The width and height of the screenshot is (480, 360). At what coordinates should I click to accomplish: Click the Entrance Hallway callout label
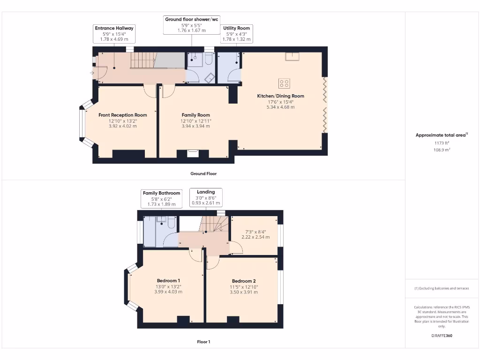[x=114, y=34]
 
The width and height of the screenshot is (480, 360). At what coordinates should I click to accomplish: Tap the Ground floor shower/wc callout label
[x=191, y=25]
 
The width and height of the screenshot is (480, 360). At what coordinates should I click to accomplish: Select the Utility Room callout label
[x=236, y=34]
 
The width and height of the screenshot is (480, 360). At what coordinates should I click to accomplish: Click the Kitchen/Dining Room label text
[x=280, y=96]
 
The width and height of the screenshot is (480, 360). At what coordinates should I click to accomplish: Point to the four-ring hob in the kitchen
[x=284, y=83]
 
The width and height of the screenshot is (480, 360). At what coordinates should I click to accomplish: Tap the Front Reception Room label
[x=122, y=115]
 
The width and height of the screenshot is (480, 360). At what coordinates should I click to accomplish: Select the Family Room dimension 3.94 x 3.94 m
[x=195, y=126]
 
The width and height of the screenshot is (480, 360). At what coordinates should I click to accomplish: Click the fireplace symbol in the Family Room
[x=193, y=152]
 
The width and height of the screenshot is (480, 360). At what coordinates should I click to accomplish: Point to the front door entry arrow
[x=92, y=73]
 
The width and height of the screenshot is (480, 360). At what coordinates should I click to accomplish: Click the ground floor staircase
[x=142, y=60]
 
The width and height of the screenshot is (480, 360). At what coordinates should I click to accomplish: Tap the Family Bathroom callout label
[x=161, y=198]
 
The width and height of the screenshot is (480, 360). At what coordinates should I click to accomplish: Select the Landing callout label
[x=206, y=197]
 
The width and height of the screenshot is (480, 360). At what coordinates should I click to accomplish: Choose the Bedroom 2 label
[x=243, y=281]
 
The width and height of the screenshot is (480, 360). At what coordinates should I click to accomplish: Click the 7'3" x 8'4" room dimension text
[x=255, y=232]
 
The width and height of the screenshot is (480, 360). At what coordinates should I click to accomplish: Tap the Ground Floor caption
[x=203, y=173]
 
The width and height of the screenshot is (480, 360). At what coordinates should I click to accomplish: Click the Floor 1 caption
[x=203, y=342]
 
